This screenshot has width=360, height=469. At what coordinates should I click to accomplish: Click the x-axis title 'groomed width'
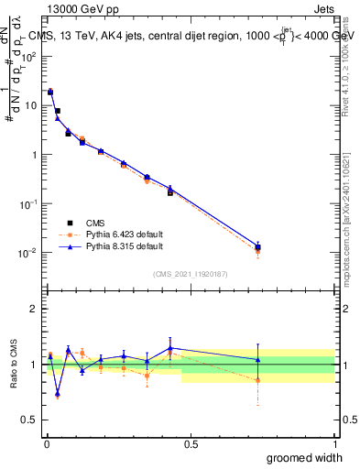pos(304,457)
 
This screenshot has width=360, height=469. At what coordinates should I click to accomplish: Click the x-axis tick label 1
pos(334,444)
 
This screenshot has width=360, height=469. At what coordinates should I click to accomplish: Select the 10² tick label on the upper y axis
pos(29,56)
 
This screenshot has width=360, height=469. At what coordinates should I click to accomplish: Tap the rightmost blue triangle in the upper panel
pos(258,245)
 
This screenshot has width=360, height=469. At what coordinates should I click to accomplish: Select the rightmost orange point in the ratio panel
pos(258,379)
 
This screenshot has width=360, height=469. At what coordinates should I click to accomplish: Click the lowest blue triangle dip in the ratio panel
pos(57,394)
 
